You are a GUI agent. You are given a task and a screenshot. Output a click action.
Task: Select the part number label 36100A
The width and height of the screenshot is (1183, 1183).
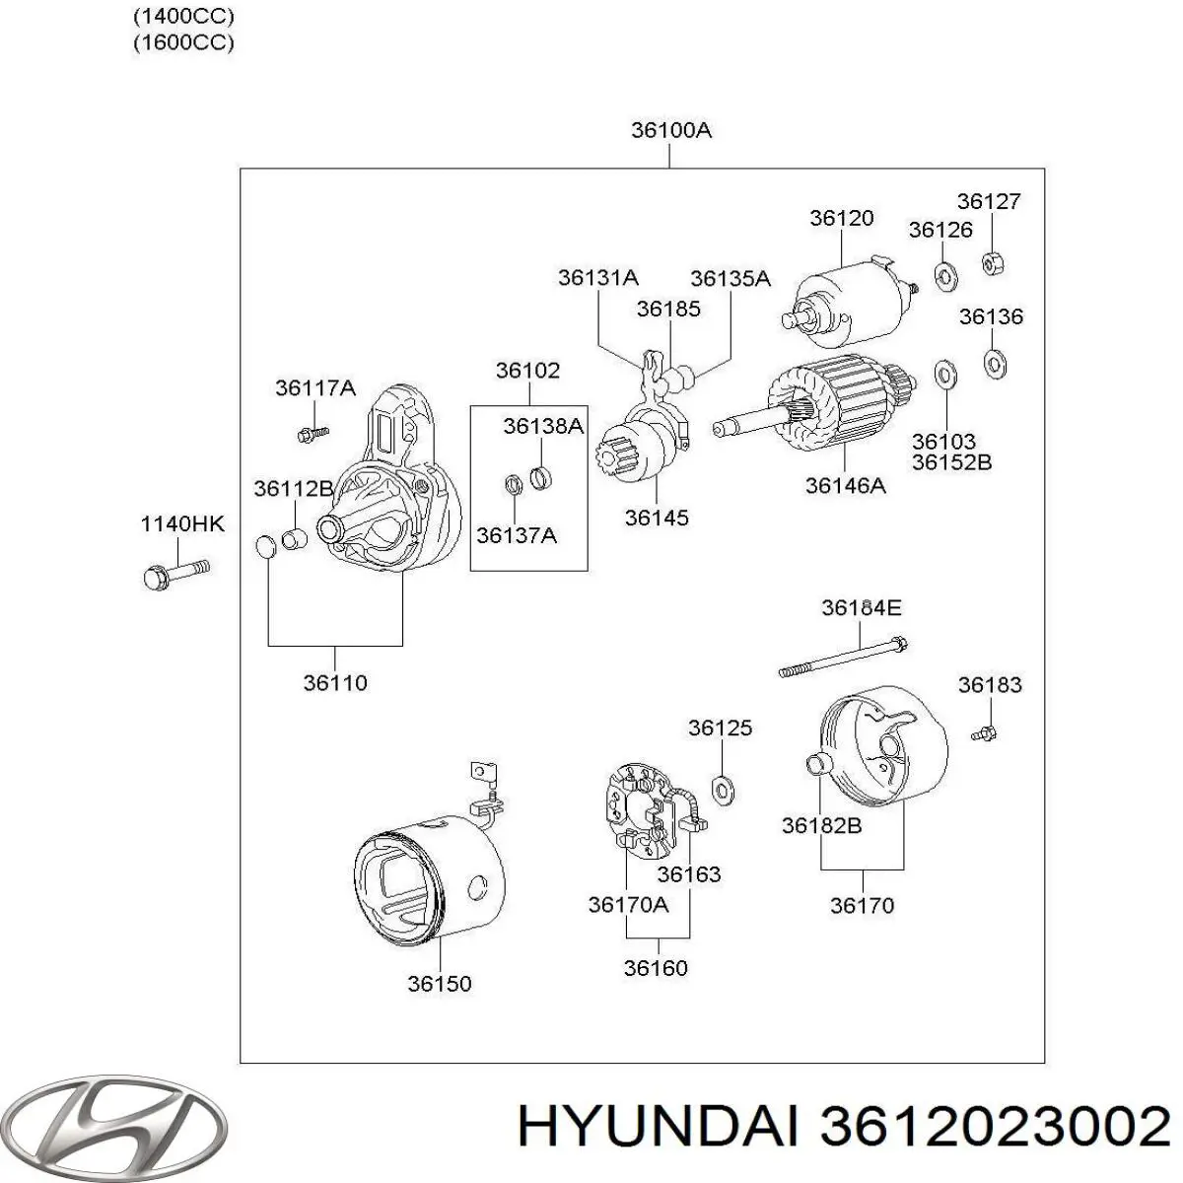coord(670,131)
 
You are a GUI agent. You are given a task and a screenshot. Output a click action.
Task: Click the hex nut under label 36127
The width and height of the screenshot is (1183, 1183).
coord(992,263)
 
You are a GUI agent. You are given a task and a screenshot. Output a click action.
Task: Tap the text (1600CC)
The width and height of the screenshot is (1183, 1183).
coord(183,42)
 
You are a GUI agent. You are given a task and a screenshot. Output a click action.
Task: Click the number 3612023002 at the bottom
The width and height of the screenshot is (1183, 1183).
coord(996,1127)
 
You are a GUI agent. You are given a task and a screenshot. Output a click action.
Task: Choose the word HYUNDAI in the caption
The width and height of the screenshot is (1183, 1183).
coord(655,1127)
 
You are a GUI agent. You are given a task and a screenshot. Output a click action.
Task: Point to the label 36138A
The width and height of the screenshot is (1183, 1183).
coord(543,426)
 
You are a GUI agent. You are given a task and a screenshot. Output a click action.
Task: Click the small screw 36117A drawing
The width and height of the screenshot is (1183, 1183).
coord(312,432)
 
